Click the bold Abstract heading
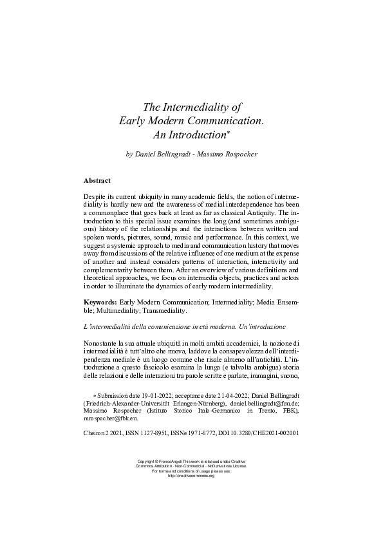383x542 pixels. [x=97, y=180]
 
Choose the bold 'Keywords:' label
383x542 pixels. [x=103, y=301]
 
